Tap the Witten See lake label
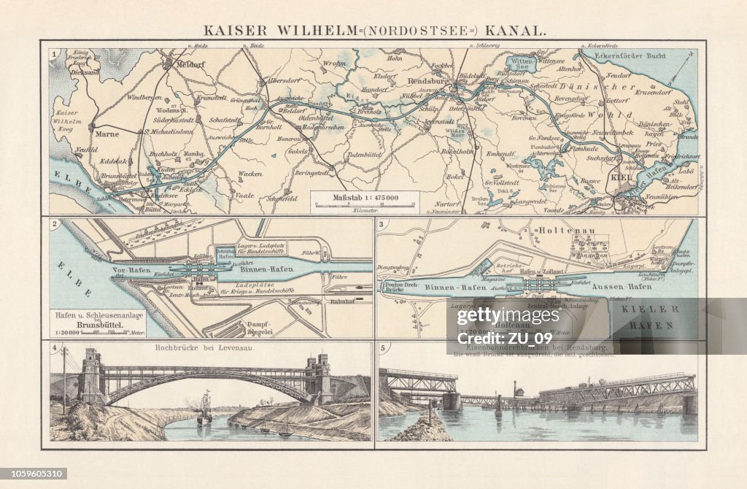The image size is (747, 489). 522,64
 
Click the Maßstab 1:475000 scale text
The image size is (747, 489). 364,196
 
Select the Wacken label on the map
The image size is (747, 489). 250,174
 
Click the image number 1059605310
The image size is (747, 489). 34,474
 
